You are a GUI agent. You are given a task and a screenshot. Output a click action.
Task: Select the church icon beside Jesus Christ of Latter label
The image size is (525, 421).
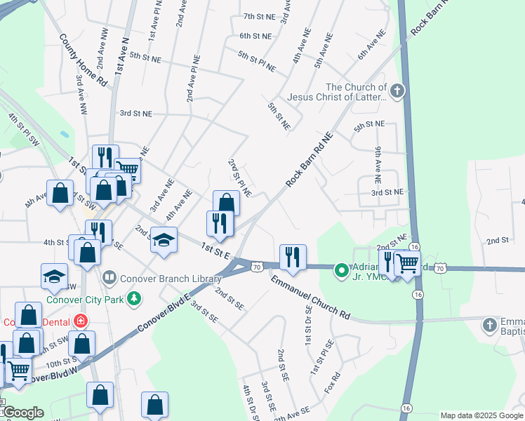click(397, 91)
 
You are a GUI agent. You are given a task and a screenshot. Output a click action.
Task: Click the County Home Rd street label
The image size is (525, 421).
click(84, 60)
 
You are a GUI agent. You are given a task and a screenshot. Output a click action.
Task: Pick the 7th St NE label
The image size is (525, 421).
click(258, 16)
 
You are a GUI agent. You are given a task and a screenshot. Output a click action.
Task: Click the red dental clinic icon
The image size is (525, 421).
click(81, 321)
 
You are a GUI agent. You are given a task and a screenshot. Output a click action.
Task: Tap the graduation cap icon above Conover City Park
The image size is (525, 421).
click(54, 276)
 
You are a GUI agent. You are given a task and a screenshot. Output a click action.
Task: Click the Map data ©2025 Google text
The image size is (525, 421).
click(481, 415)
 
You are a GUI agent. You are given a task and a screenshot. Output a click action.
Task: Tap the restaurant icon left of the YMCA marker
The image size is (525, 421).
click(291, 257)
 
